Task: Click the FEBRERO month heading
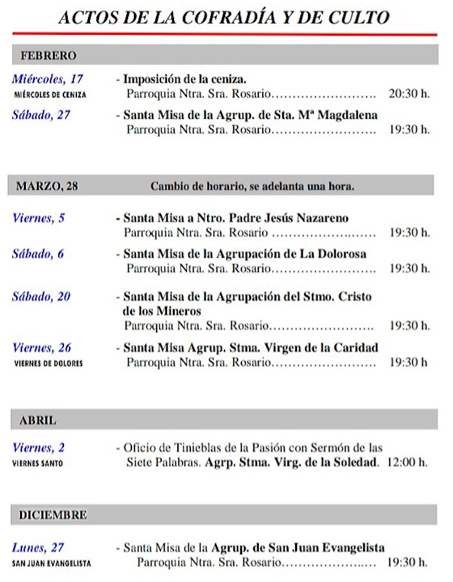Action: [x=49, y=56]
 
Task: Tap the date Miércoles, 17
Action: [x=48, y=80]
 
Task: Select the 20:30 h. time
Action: [x=409, y=94]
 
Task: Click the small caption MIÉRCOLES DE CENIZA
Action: [x=50, y=94]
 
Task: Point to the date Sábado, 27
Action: [x=41, y=115]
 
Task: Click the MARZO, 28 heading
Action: [x=47, y=187]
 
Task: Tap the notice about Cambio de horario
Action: [x=252, y=187]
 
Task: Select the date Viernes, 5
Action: [x=39, y=218]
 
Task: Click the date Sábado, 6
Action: [x=38, y=254]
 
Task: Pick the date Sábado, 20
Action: [x=41, y=297]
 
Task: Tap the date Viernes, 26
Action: [x=42, y=348]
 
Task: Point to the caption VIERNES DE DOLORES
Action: [x=49, y=363]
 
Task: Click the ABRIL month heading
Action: [x=38, y=421]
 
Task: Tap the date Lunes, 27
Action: [x=38, y=548]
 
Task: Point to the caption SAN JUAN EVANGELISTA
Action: [x=52, y=563]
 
